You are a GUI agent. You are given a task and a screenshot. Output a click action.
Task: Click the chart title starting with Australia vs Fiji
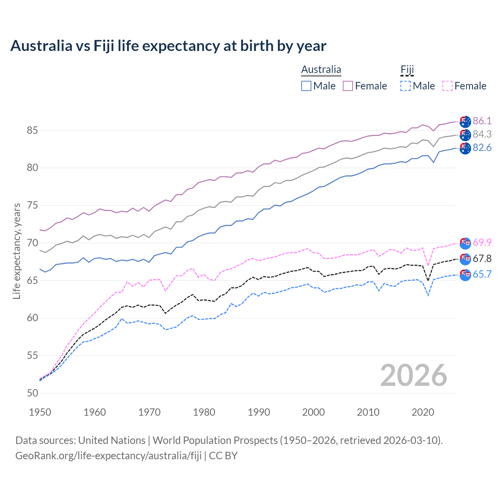[x=168, y=46]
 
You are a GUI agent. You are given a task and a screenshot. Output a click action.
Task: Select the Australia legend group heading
[x=321, y=70]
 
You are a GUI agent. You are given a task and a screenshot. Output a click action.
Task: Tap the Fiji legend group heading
[x=407, y=70]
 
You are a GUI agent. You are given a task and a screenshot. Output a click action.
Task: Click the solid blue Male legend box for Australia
[x=306, y=86]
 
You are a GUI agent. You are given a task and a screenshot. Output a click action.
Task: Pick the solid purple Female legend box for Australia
[x=348, y=86]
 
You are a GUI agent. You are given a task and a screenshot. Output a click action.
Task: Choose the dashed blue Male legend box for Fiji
[x=406, y=86]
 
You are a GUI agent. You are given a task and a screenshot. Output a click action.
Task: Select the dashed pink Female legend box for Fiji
[x=447, y=86]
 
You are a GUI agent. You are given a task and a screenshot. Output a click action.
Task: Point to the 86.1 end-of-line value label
[x=482, y=121]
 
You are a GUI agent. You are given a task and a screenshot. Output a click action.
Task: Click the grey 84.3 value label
[x=482, y=134]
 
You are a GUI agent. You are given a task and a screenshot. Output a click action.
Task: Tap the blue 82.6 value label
[x=482, y=147]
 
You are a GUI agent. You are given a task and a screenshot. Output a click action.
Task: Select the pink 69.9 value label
[x=482, y=242]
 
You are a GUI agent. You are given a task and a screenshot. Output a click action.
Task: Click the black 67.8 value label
[x=482, y=258]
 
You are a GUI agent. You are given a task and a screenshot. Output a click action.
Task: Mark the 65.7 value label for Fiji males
[x=482, y=274]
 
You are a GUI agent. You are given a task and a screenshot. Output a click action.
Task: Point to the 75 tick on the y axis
[x=32, y=205]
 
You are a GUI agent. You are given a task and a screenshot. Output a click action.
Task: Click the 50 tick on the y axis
[x=32, y=393]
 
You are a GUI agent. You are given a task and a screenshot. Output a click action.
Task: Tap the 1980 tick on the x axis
[x=204, y=412]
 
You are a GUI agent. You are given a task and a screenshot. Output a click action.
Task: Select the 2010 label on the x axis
[x=368, y=412]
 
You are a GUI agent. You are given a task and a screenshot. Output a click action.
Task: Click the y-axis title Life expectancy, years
[x=17, y=251]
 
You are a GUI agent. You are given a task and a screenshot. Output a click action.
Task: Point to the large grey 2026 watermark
[x=413, y=375]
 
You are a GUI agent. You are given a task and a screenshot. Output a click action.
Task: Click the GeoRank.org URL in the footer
[x=108, y=456]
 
